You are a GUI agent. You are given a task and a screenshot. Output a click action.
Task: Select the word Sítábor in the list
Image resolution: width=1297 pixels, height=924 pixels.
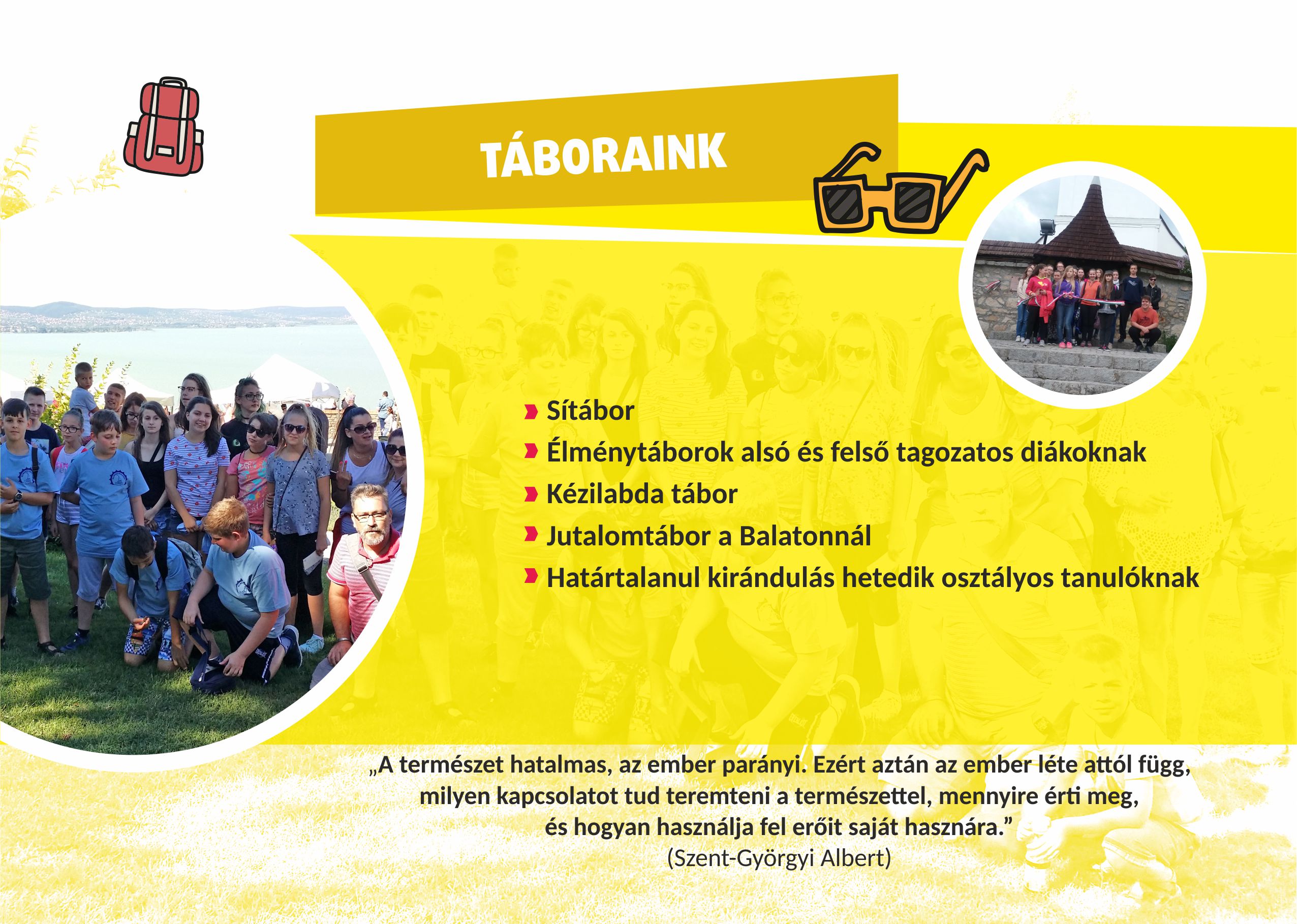click(590, 411)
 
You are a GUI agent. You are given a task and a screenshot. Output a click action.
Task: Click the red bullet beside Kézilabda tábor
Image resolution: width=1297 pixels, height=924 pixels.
click(531, 495)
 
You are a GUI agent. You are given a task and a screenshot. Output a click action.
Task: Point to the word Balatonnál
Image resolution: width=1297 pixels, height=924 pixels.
click(805, 536)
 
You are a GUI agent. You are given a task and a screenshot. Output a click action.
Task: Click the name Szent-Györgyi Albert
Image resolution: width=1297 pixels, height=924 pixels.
click(779, 858)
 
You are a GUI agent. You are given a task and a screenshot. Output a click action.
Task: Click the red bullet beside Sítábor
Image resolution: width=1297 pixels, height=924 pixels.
click(531, 411)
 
